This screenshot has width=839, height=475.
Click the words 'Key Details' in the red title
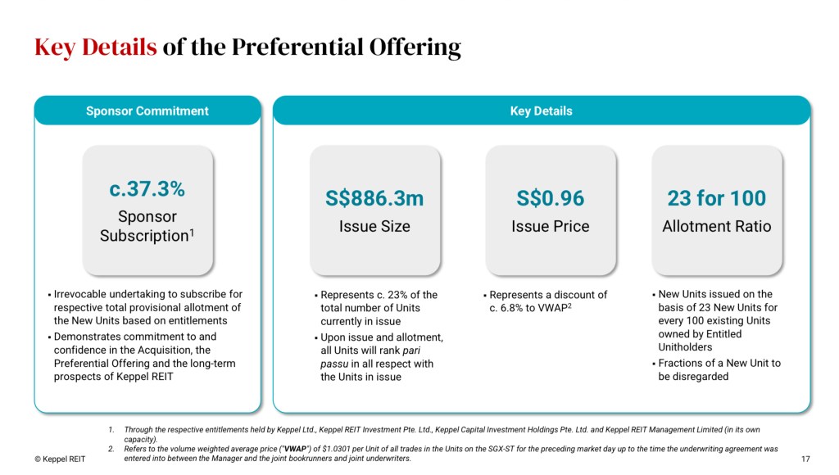coord(95,47)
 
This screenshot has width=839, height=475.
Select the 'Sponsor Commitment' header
coord(147,111)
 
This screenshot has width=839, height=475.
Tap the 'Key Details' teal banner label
coord(541,111)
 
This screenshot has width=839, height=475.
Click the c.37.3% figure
coord(147,189)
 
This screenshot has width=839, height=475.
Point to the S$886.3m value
coord(374,198)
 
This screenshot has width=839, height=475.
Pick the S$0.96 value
coord(551,198)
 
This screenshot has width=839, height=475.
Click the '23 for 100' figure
coord(716,198)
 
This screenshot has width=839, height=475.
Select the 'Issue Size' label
coord(374,226)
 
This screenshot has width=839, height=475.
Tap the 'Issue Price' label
coord(551,226)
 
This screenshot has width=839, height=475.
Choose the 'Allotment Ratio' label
coord(716,226)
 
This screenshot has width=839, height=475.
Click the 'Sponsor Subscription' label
coord(147,226)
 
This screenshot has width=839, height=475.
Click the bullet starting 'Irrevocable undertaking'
coord(147,307)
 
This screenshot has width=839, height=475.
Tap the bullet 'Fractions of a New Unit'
coord(719,369)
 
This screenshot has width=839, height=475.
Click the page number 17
coord(805,459)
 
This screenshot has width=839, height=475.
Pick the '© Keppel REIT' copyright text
coord(60,459)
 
